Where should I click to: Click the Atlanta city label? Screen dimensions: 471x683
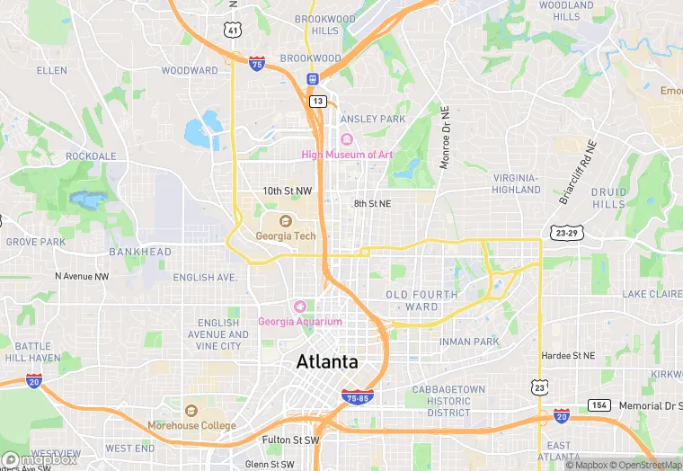pyautogui.click(x=327, y=362)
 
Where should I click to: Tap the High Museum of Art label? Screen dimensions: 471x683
pyautogui.click(x=347, y=155)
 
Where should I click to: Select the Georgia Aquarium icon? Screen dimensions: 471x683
pyautogui.click(x=300, y=307)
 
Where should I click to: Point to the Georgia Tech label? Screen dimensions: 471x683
pyautogui.click(x=286, y=235)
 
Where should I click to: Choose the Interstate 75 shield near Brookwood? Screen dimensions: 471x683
pyautogui.click(x=257, y=63)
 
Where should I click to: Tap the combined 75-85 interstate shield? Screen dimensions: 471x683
pyautogui.click(x=358, y=396)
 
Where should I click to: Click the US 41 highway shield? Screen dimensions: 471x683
pyautogui.click(x=233, y=31)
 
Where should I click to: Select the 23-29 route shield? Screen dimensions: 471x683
pyautogui.click(x=568, y=233)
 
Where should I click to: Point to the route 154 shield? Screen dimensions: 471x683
pyautogui.click(x=599, y=405)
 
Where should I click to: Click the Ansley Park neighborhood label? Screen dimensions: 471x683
pyautogui.click(x=374, y=119)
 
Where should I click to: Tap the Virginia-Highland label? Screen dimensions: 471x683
pyautogui.click(x=517, y=183)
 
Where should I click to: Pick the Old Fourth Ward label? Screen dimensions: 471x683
pyautogui.click(x=421, y=300)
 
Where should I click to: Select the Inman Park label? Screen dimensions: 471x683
pyautogui.click(x=469, y=342)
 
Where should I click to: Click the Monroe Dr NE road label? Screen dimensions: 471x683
pyautogui.click(x=444, y=137)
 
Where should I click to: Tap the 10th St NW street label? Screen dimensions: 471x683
pyautogui.click(x=288, y=191)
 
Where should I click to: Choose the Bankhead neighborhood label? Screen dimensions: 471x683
pyautogui.click(x=139, y=252)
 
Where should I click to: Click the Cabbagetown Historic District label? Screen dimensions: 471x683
pyautogui.click(x=448, y=401)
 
